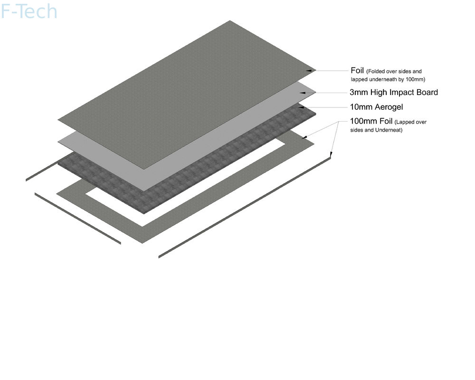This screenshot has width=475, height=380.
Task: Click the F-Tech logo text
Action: [x=29, y=11]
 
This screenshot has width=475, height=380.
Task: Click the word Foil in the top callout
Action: [x=357, y=71]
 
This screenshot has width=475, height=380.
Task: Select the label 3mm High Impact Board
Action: [x=394, y=93]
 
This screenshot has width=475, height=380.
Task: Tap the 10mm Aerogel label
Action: [x=377, y=107]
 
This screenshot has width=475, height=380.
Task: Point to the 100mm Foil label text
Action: [x=371, y=121]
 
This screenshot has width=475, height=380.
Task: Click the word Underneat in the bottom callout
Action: [x=389, y=130]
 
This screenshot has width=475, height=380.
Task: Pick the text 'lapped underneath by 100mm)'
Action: [x=388, y=79]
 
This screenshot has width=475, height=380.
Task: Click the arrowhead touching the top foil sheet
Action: [x=309, y=71]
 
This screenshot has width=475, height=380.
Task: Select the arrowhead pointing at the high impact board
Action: [x=302, y=93]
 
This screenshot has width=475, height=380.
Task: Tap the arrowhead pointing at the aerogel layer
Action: [x=302, y=107]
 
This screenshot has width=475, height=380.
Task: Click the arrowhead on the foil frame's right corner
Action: [x=305, y=138]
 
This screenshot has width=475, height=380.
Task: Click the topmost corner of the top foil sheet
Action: [x=230, y=20]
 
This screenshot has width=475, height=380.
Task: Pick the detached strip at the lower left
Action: [x=78, y=218]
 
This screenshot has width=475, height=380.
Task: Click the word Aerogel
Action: [x=389, y=107]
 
